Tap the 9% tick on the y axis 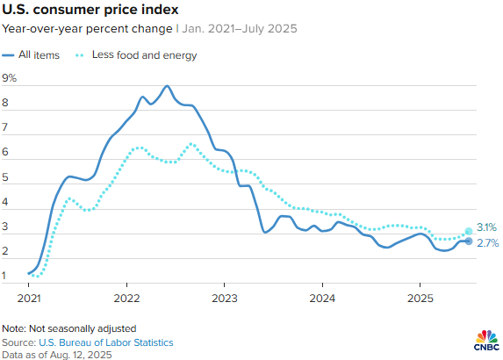tap(10, 78)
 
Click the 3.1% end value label tap(487, 227)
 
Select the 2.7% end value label tap(487, 241)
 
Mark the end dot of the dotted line tap(469, 231)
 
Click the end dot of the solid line tap(469, 241)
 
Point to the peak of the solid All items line tap(167, 86)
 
